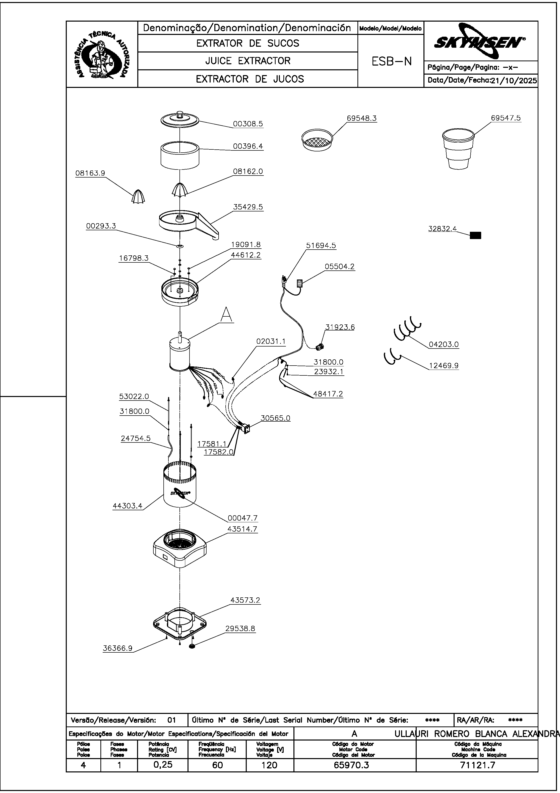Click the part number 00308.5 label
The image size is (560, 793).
[248, 124]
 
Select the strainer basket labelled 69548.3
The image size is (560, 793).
[317, 141]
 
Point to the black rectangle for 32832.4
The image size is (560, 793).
[475, 236]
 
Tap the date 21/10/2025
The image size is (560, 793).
[514, 80]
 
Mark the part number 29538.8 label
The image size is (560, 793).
[240, 628]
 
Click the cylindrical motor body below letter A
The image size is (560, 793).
[179, 354]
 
